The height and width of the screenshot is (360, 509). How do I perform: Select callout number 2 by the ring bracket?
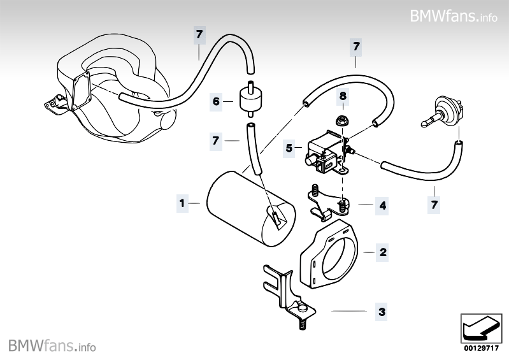click(382, 252)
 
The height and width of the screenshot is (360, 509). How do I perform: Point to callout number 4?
click(382, 206)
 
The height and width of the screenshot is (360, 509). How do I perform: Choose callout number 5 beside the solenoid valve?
click(289, 148)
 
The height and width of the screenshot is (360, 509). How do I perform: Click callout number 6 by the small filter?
click(217, 101)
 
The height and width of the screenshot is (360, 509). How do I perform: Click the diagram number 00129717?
click(480, 349)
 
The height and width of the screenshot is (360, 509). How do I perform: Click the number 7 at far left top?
click(199, 34)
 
